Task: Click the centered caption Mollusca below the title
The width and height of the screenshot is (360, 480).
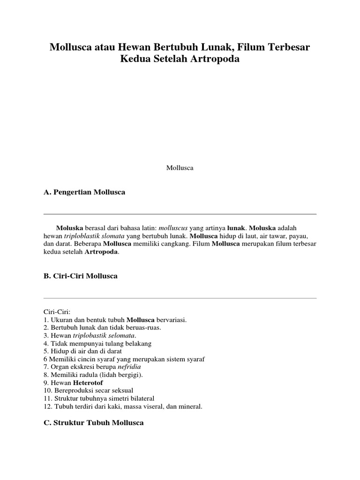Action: coord(180,168)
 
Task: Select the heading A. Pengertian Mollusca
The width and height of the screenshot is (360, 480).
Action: coord(84,193)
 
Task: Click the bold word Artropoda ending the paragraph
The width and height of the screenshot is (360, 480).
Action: coord(102,252)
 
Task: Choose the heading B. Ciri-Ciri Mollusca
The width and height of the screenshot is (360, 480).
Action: coord(81,276)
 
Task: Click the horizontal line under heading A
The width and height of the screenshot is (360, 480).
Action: coord(180,214)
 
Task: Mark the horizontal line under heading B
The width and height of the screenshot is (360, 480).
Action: coord(180,298)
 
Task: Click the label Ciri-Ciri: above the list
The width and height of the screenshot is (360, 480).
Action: coord(56,311)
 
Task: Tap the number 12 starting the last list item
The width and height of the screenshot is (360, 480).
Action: coord(46,406)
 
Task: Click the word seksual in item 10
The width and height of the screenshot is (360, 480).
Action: coord(121,390)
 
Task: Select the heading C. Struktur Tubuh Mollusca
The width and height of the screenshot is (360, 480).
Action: coord(93,423)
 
